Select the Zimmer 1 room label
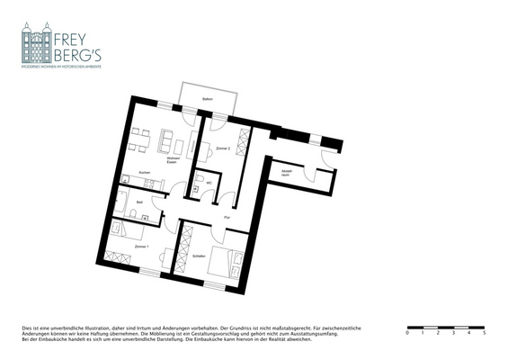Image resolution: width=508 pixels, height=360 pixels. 142,246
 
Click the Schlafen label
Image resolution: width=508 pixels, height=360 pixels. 200,257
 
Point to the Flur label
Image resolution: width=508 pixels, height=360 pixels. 227,217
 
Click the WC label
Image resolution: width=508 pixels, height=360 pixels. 209,183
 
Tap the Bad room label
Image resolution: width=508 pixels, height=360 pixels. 139,203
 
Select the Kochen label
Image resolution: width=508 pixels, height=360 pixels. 144,173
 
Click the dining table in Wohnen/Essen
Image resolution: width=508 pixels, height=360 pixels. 138,140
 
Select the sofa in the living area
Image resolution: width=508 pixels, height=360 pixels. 166,140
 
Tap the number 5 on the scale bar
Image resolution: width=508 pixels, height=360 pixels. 485,333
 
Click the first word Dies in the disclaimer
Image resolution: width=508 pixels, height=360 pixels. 25,328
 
